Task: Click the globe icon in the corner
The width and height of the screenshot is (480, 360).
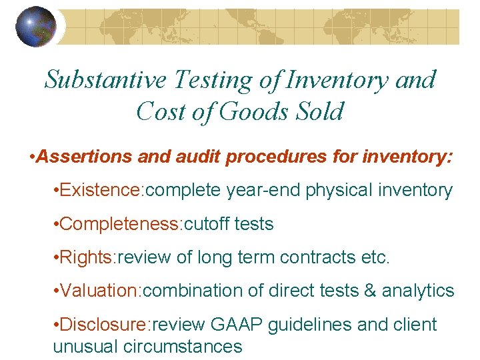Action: click(36, 27)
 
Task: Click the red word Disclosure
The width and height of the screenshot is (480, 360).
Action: click(105, 325)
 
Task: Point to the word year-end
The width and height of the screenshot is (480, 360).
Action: click(264, 191)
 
